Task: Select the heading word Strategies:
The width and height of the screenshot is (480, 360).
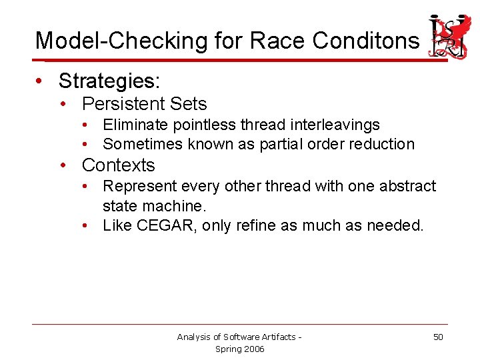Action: tap(109, 81)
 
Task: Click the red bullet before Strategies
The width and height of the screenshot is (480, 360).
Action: tap(41, 81)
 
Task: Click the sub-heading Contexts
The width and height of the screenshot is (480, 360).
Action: tap(118, 165)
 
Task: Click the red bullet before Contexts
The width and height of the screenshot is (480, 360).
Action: tap(64, 165)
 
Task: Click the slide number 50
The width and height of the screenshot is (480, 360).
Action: tap(438, 337)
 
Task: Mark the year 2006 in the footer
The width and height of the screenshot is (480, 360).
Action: tap(253, 349)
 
